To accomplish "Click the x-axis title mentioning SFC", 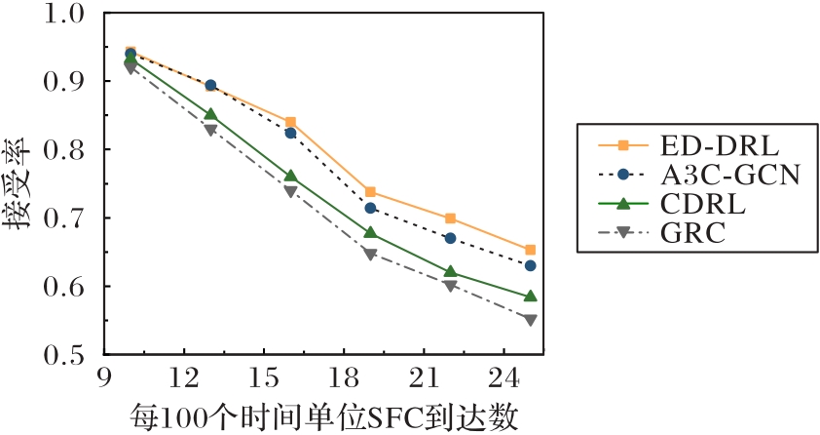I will click(321, 415).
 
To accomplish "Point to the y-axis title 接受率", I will click(19, 185).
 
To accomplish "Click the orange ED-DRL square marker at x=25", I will click(530, 250).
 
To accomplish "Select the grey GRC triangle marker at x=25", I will click(530, 320).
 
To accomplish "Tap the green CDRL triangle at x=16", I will click(290, 177).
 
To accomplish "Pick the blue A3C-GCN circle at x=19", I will click(370, 208).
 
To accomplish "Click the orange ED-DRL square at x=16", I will click(290, 122).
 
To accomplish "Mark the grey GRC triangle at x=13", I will click(210, 130).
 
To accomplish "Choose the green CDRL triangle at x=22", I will click(450, 272).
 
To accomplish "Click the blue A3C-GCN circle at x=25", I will click(530, 265).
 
